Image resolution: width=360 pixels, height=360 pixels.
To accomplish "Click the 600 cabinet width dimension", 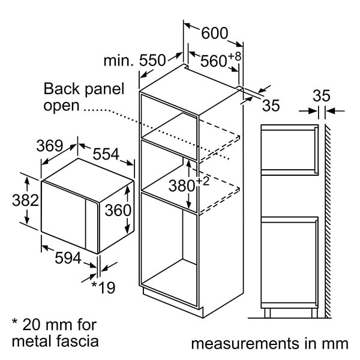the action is [214, 33].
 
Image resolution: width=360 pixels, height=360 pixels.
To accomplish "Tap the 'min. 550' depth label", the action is [134, 61].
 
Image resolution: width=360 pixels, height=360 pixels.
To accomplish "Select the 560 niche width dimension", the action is [214, 61].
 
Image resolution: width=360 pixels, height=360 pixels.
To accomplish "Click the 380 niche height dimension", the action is [182, 186].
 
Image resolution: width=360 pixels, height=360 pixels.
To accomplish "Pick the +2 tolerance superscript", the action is [203, 181].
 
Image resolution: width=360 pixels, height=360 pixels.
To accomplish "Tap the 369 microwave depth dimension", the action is [50, 146].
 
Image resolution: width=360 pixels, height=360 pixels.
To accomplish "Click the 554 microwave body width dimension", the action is [106, 154].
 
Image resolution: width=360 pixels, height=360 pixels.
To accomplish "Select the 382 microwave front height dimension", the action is [25, 200].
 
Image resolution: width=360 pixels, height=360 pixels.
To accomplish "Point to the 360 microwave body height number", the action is [118, 211].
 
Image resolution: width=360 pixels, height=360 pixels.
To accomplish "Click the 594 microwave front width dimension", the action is [68, 258].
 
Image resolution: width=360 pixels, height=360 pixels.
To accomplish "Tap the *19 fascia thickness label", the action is [103, 287].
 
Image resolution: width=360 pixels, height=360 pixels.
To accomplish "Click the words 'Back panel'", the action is [84, 89].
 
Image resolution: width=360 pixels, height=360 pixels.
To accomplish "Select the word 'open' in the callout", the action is [62, 106].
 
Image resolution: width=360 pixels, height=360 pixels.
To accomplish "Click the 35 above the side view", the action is [322, 95].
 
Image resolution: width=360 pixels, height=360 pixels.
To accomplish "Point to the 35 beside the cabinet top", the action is [271, 106].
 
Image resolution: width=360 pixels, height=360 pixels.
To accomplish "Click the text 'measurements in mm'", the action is [270, 344].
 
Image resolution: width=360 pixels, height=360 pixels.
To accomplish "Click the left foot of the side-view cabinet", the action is [268, 313].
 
